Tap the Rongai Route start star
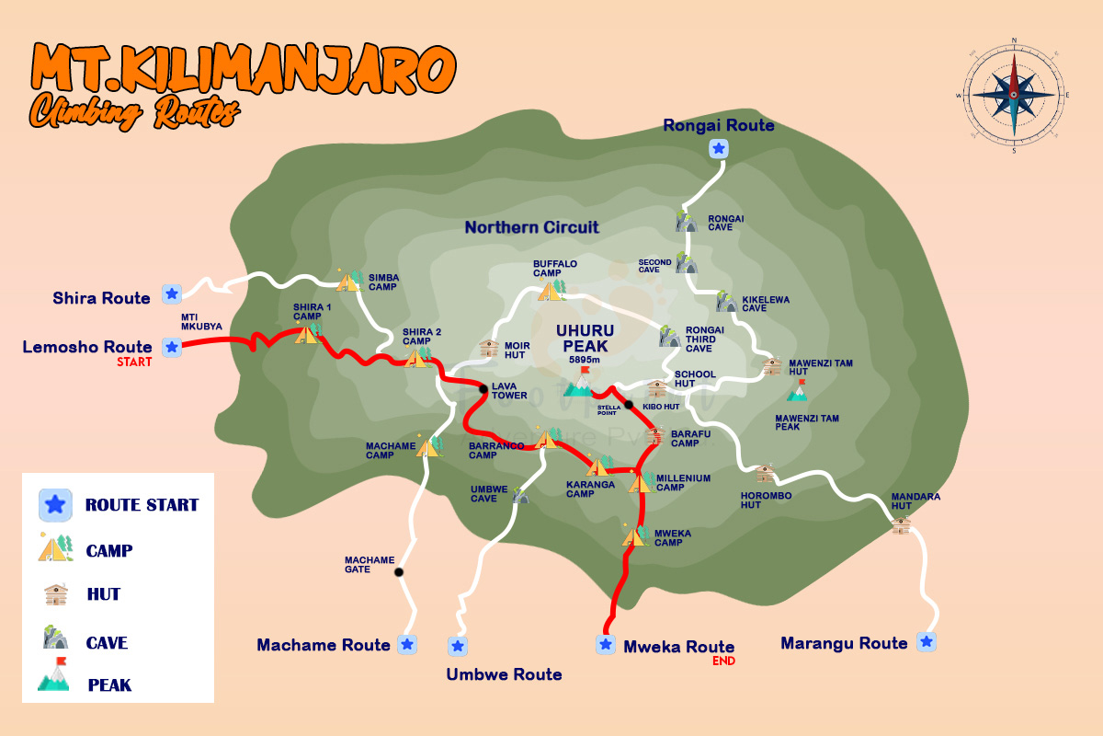coord(719,148)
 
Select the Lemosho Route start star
coord(171,347)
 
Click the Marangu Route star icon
coord(927,641)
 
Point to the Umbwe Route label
coord(504,674)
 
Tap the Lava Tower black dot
coord(483,389)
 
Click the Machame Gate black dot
coord(399,572)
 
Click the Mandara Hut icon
coord(901,524)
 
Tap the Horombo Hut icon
coord(765,474)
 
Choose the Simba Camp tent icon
coord(348,280)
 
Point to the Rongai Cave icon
coord(686,221)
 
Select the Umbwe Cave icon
coord(521,497)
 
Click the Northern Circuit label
coord(531,227)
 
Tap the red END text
coord(723,661)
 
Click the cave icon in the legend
coord(55,638)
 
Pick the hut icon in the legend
coord(56,594)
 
